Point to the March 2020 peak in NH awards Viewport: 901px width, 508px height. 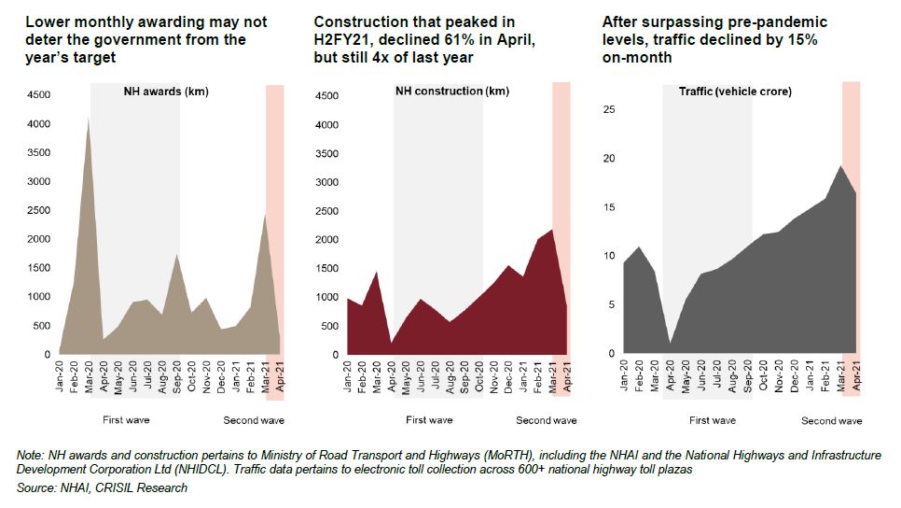89,118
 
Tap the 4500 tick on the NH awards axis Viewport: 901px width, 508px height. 38,95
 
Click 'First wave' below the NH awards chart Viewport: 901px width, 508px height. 127,419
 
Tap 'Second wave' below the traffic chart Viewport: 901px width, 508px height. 831,421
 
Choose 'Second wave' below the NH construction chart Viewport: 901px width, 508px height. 546,420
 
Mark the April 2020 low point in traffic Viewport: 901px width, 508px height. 669,344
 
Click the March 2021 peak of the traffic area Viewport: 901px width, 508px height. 840,166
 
